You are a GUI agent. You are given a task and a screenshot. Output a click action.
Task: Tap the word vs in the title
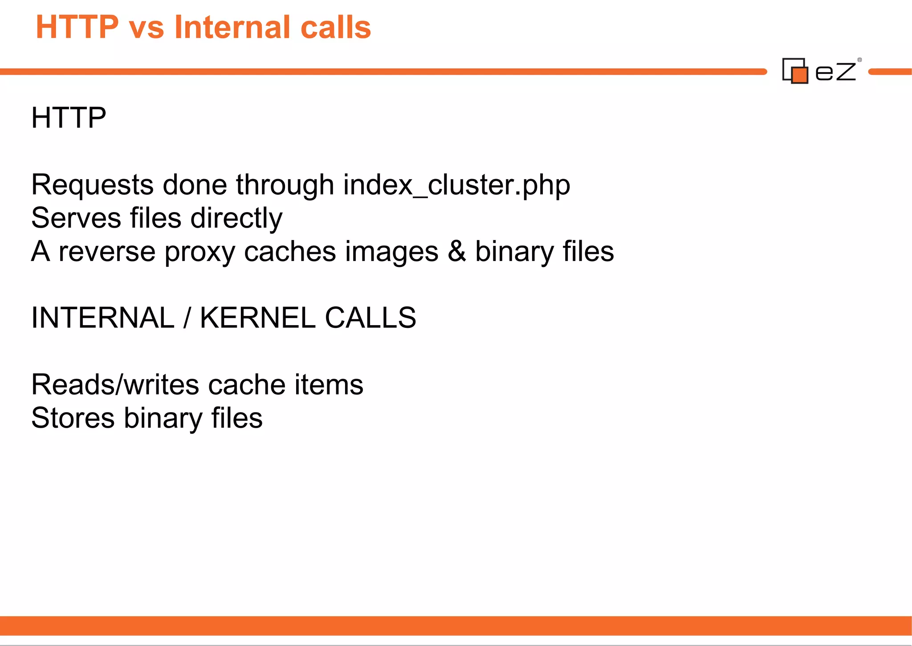[x=146, y=28]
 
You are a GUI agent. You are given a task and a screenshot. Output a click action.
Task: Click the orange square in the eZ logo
[x=800, y=75]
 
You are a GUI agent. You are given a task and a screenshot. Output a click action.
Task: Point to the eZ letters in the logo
[x=835, y=72]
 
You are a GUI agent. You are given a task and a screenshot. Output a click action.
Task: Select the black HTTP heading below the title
[x=69, y=118]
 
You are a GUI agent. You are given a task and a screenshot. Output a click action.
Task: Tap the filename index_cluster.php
[x=456, y=185]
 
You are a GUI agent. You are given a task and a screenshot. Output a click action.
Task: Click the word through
[x=285, y=185]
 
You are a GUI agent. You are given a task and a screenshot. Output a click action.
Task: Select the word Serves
[x=76, y=218]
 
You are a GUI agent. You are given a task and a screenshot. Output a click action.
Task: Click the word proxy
[x=199, y=252]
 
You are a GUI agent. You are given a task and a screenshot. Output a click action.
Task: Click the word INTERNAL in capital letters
[x=103, y=318]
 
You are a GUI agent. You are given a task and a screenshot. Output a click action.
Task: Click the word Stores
[x=73, y=418]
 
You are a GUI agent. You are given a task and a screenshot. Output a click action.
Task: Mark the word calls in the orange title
[x=336, y=27]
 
